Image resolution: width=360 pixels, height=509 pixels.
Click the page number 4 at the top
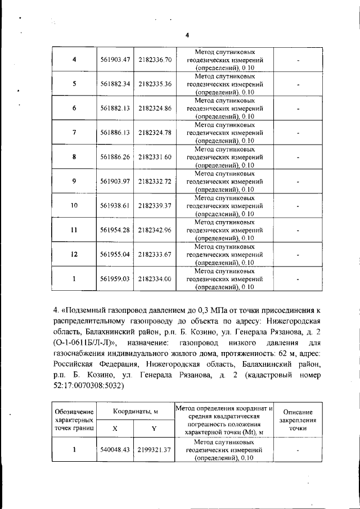186,35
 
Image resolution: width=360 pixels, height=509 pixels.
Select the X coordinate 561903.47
115,60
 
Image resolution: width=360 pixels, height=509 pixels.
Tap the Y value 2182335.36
154,84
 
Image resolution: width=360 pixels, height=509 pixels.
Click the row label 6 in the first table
74,108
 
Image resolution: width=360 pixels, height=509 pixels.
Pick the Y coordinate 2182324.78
154,132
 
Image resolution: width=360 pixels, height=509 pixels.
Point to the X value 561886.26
115,157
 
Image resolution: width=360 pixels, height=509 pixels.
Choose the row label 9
74,181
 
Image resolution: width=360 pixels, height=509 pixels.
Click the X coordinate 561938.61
115,205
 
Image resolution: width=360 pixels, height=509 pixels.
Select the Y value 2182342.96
154,229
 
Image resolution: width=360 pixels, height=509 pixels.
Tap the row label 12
74,254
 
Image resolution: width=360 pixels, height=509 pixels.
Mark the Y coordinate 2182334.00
154,278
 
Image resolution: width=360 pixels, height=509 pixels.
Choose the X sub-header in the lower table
115,428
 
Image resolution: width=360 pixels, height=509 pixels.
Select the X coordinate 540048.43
115,450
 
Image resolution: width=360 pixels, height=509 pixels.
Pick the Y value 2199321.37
154,450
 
